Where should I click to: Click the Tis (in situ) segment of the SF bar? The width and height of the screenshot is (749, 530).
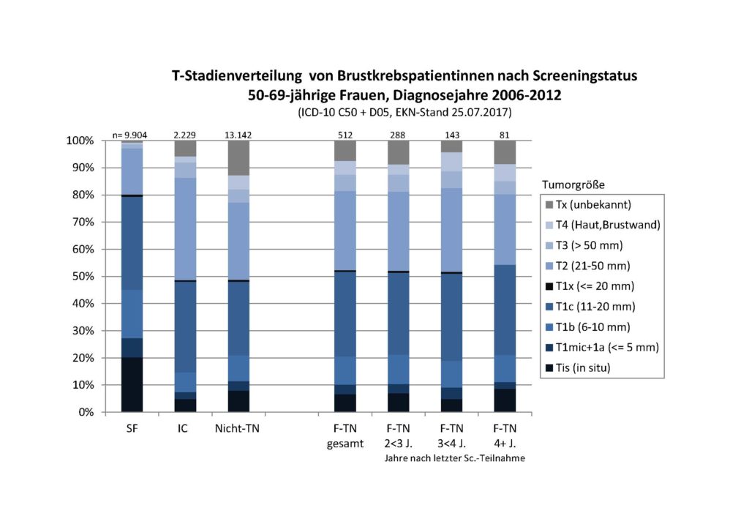[x=132, y=384]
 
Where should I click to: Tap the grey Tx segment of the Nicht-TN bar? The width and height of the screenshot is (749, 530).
[x=238, y=157]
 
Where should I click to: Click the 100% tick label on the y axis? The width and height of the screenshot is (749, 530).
[x=81, y=141]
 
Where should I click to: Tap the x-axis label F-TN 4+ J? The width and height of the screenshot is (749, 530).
[x=504, y=435]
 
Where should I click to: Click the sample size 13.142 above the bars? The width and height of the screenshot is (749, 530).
[x=238, y=135]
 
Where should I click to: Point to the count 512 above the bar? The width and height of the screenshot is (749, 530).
[x=345, y=135]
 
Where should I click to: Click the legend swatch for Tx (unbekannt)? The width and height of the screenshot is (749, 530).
[x=550, y=204]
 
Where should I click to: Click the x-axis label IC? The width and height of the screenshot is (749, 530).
[x=184, y=428]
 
